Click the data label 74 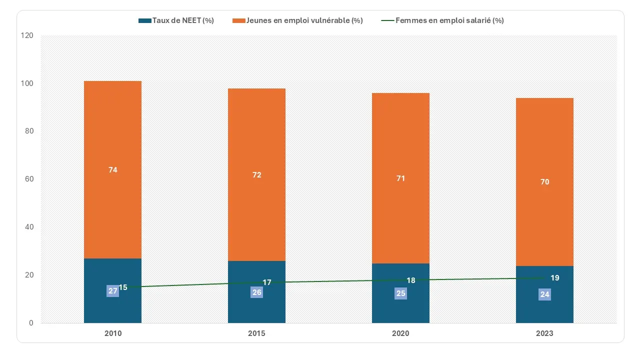[113, 170]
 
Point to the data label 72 [257, 175]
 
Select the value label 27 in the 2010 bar [113, 291]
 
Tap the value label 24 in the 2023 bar [545, 294]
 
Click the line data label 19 [555, 278]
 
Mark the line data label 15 [123, 287]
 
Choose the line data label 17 [267, 282]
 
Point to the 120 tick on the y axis [27, 36]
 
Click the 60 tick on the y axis [29, 179]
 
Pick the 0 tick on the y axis [31, 323]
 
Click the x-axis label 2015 [256, 333]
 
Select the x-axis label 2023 [544, 333]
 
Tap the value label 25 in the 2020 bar [401, 293]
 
